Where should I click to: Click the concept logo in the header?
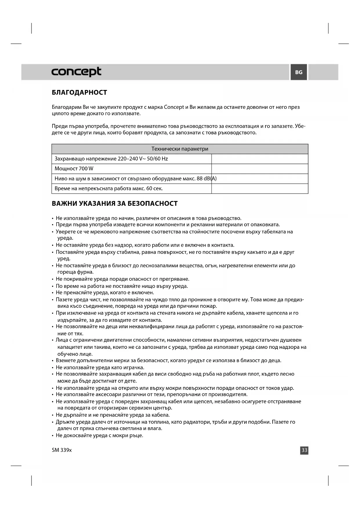click(x=76, y=72)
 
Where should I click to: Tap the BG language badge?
click(x=299, y=72)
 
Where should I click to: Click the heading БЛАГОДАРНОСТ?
click(x=79, y=93)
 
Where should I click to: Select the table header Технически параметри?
click(x=180, y=149)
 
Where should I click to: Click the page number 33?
click(x=304, y=450)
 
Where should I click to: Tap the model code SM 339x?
click(x=61, y=450)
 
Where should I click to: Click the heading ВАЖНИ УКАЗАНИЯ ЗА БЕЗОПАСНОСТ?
click(x=115, y=203)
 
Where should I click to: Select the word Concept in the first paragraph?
click(x=174, y=107)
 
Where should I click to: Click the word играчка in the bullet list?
click(x=134, y=367)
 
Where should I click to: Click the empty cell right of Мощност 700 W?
click(x=260, y=169)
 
